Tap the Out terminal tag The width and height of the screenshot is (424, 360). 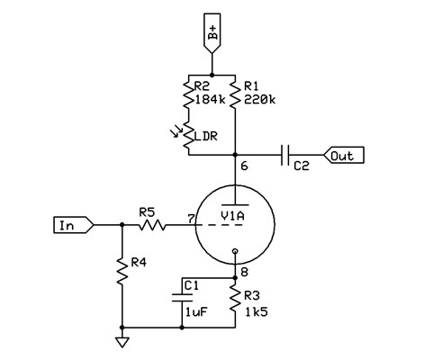click(344, 155)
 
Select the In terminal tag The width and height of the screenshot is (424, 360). click(74, 225)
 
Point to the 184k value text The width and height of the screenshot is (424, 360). click(210, 99)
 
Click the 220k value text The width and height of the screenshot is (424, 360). click(259, 99)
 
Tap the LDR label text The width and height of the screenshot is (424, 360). click(206, 136)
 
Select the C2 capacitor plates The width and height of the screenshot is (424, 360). click(285, 155)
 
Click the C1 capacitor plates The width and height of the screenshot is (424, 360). click(182, 298)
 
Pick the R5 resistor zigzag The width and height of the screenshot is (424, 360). click(152, 225)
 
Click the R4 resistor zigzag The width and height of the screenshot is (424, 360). click(122, 271)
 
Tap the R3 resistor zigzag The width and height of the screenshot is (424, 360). click(235, 298)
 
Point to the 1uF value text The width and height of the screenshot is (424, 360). click(196, 312)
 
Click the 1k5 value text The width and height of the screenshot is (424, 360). click(257, 312)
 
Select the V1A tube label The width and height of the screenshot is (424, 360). click(232, 216)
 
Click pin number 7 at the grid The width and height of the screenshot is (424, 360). click(191, 219)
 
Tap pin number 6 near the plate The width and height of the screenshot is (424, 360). click(244, 166)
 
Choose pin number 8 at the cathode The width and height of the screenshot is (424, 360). click(244, 272)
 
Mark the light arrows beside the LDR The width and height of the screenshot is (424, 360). click(176, 131)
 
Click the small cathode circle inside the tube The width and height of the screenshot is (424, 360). click(235, 251)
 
